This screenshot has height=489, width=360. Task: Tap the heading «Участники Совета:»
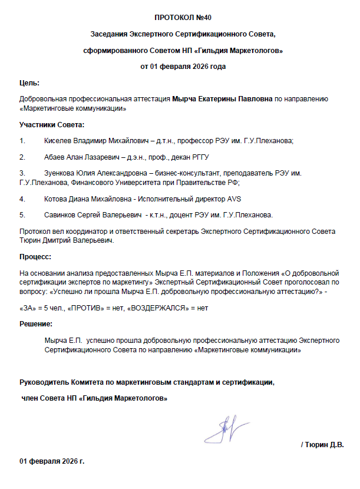click(x=52, y=124)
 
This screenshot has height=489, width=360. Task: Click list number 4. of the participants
click(x=23, y=199)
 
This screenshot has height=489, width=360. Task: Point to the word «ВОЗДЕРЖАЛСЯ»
click(x=160, y=308)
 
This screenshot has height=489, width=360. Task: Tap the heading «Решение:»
click(x=36, y=324)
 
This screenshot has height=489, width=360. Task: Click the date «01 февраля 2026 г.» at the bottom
click(x=52, y=460)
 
